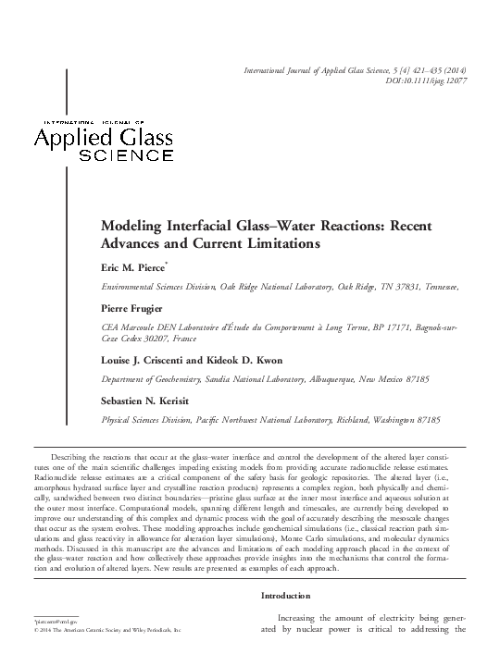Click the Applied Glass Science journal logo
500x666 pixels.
click(x=103, y=140)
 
